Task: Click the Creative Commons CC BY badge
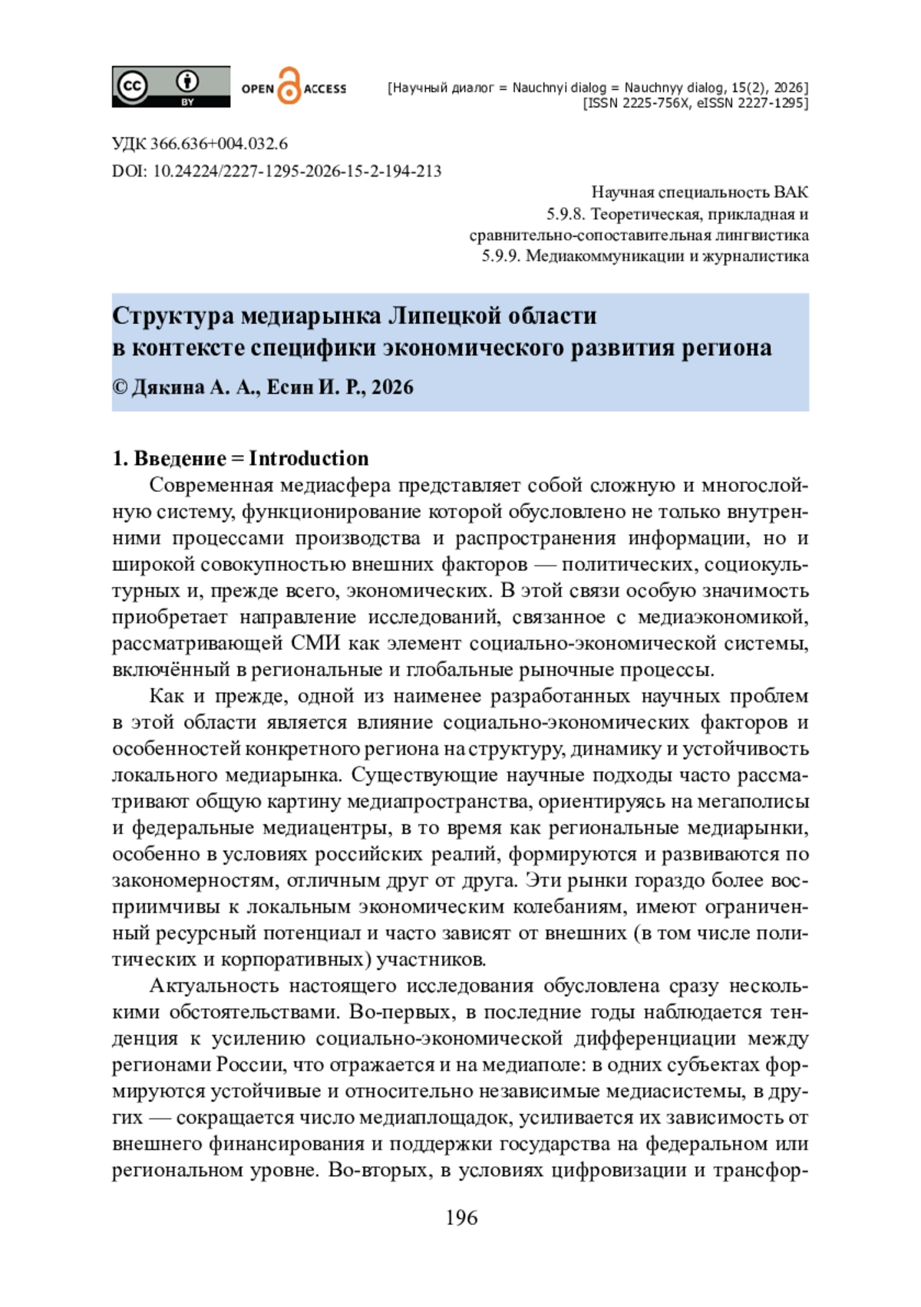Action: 170,86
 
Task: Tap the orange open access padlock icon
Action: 288,86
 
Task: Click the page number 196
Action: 461,1217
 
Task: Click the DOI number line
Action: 297,170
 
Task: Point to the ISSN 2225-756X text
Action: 636,103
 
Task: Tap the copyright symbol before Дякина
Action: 120,387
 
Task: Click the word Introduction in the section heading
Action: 309,458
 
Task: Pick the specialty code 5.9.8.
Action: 565,213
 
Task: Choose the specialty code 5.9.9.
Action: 500,256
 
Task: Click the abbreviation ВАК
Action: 791,192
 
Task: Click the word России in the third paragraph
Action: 246,1064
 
